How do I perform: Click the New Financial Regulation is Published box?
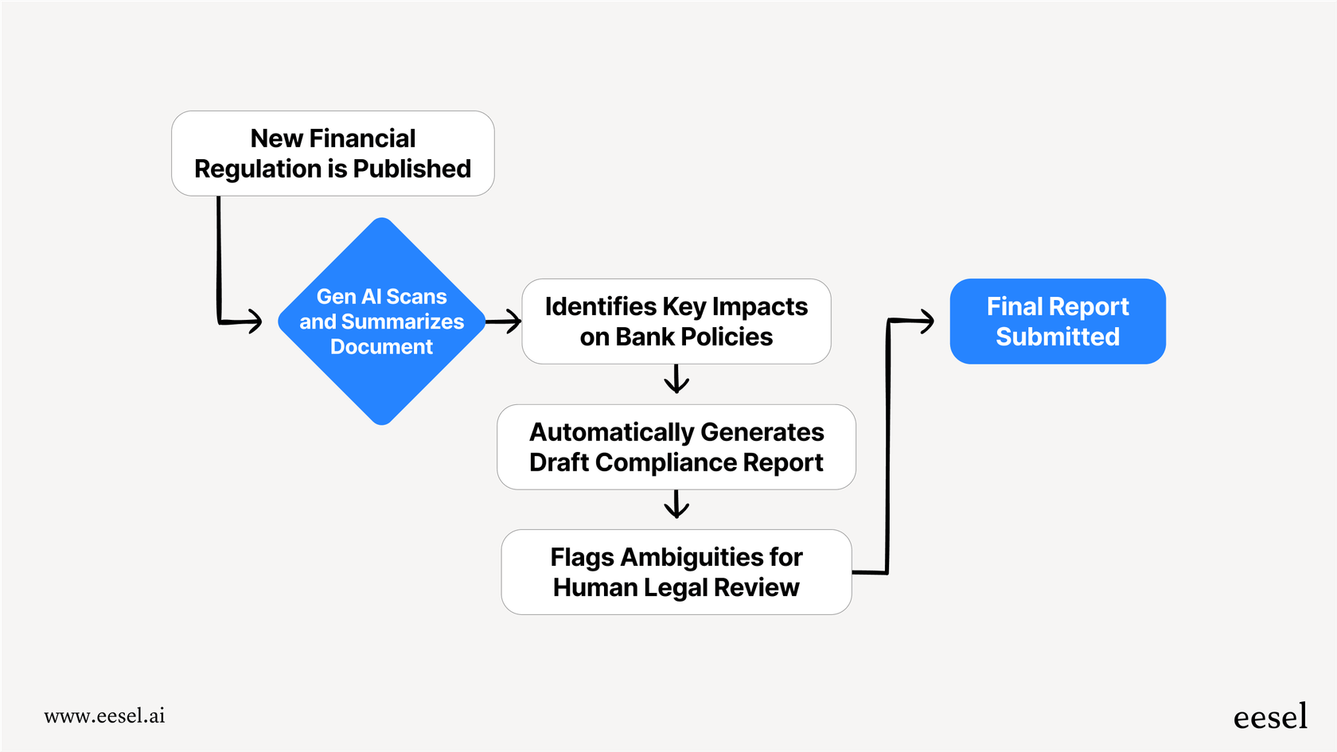click(x=333, y=154)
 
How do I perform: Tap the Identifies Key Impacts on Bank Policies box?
click(x=676, y=321)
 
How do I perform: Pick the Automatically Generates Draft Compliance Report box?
click(x=676, y=446)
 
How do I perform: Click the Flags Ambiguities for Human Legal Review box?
click(x=676, y=572)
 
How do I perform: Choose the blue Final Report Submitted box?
click(x=1058, y=321)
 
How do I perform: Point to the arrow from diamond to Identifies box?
click(x=505, y=321)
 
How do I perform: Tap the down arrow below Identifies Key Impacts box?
click(x=676, y=380)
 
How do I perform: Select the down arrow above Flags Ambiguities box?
click(x=676, y=505)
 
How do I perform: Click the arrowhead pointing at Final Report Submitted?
click(x=926, y=321)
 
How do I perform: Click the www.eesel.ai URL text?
click(x=104, y=716)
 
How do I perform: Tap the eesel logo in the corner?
click(x=1270, y=717)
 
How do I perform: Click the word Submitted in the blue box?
click(x=1058, y=337)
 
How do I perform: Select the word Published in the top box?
click(x=411, y=169)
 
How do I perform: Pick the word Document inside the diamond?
click(x=381, y=347)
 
